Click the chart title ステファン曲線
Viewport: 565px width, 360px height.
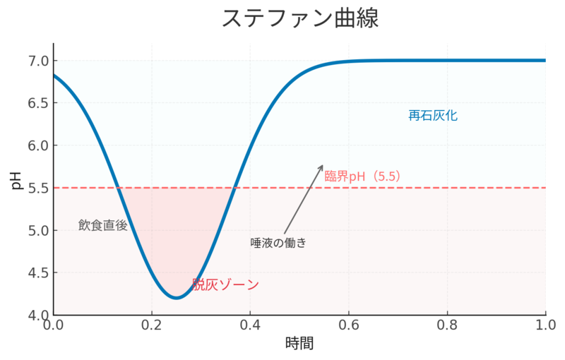tap(300, 18)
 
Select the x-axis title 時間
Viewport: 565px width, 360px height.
tap(299, 344)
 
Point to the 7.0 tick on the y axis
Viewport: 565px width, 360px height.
tap(37, 61)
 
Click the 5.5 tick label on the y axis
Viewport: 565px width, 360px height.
tap(37, 188)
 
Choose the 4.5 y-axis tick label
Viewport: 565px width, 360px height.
tap(37, 272)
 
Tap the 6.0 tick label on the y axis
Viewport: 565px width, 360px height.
tap(37, 145)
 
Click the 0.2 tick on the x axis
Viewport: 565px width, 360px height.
tap(152, 325)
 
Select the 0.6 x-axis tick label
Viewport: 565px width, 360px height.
tap(349, 325)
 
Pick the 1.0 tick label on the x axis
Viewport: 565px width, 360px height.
tap(545, 325)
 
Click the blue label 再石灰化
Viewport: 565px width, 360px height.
tap(433, 116)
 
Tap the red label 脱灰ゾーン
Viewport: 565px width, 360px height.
tap(226, 285)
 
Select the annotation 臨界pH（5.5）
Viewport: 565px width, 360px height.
tap(363, 176)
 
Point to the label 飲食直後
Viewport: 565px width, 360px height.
tap(103, 225)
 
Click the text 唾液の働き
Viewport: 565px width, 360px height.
tap(278, 243)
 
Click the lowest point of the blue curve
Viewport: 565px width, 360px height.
tap(177, 298)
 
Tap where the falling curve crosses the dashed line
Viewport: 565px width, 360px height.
tap(119, 188)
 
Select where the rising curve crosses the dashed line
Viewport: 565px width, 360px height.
tap(234, 188)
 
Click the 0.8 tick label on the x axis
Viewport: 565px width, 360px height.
tap(447, 325)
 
